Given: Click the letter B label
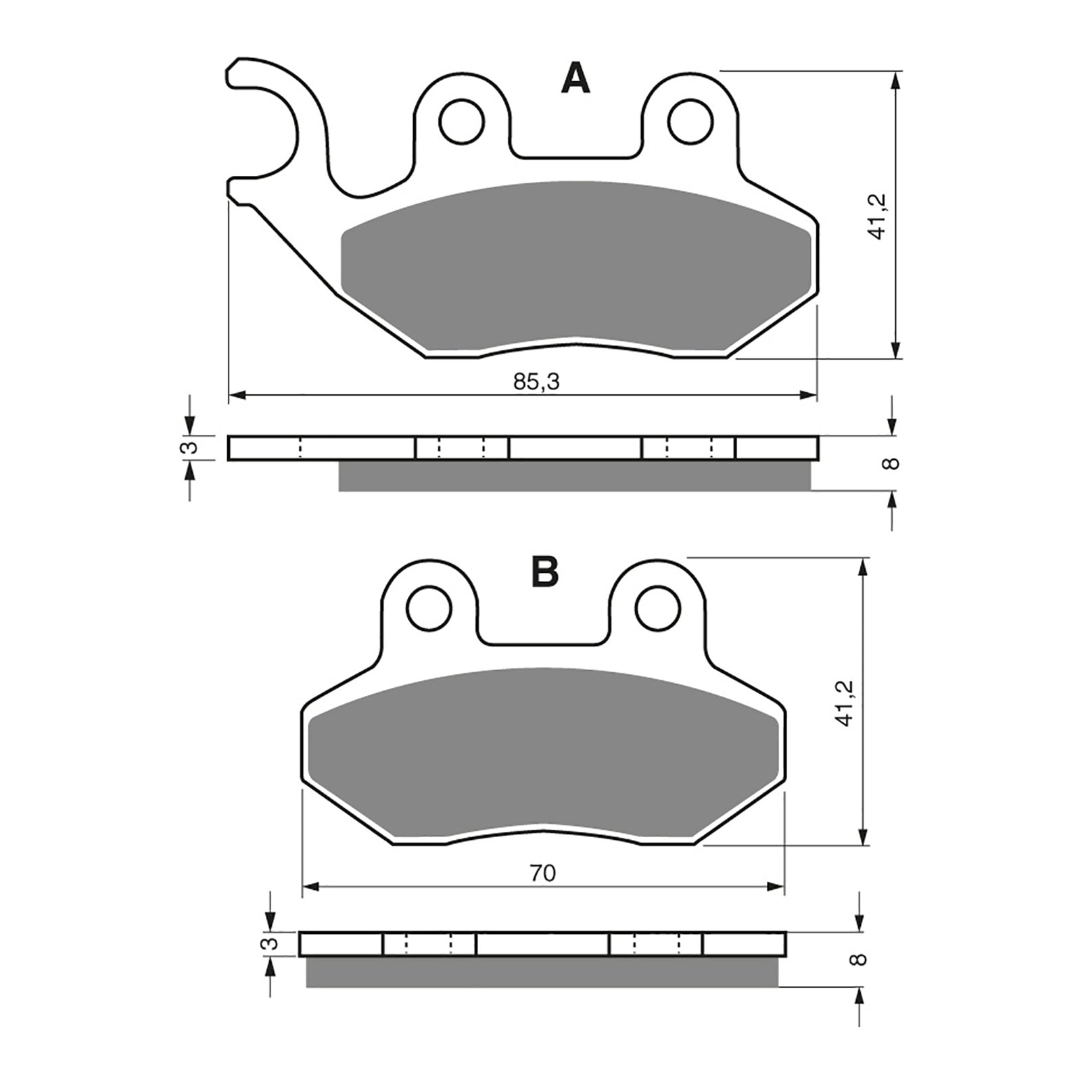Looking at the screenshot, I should tap(545, 571).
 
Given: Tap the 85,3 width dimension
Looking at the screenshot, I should tap(536, 382).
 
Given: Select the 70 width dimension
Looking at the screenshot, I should tap(542, 874).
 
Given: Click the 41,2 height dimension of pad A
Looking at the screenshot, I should tap(878, 216).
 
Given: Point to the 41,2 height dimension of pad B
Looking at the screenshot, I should tap(845, 703).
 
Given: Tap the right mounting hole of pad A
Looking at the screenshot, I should tap(690, 121).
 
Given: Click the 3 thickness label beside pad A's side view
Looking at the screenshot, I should tap(191, 448).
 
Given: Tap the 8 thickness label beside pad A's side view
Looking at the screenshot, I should tap(893, 464).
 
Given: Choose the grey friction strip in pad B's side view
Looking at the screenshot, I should tap(541, 972).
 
